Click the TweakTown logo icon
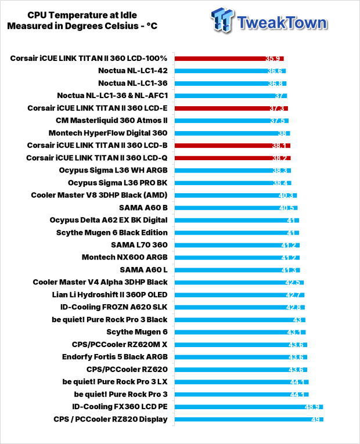click(222, 20)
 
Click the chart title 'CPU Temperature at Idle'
click(82, 15)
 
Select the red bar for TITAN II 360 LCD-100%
click(229, 59)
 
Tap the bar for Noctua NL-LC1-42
click(231, 71)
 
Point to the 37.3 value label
click(276, 109)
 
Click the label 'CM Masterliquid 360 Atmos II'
click(111, 121)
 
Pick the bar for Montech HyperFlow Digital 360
click(232, 133)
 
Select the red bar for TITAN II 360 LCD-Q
click(232, 158)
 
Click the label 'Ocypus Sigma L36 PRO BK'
click(117, 183)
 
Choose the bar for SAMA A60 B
click(236, 208)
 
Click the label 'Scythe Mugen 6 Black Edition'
click(112, 233)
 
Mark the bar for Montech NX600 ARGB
click(237, 258)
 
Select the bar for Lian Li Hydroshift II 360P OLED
click(240, 295)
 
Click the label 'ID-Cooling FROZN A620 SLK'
click(114, 307)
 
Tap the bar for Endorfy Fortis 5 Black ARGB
click(241, 357)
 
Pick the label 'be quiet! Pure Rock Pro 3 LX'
click(115, 382)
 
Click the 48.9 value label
click(312, 407)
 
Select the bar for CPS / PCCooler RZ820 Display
click(249, 420)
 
